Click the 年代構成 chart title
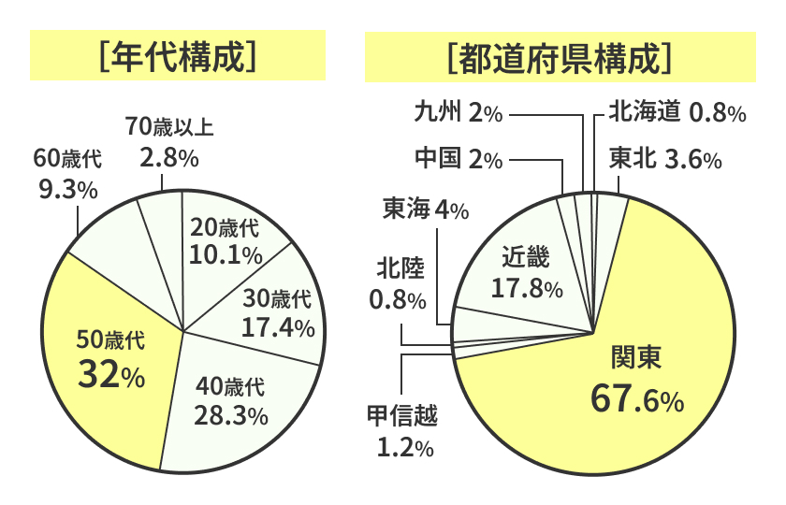[x=178, y=57]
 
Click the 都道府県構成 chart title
[x=560, y=57]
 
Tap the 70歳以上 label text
[x=169, y=126]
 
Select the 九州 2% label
[x=458, y=112]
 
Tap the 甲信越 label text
[x=403, y=414]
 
